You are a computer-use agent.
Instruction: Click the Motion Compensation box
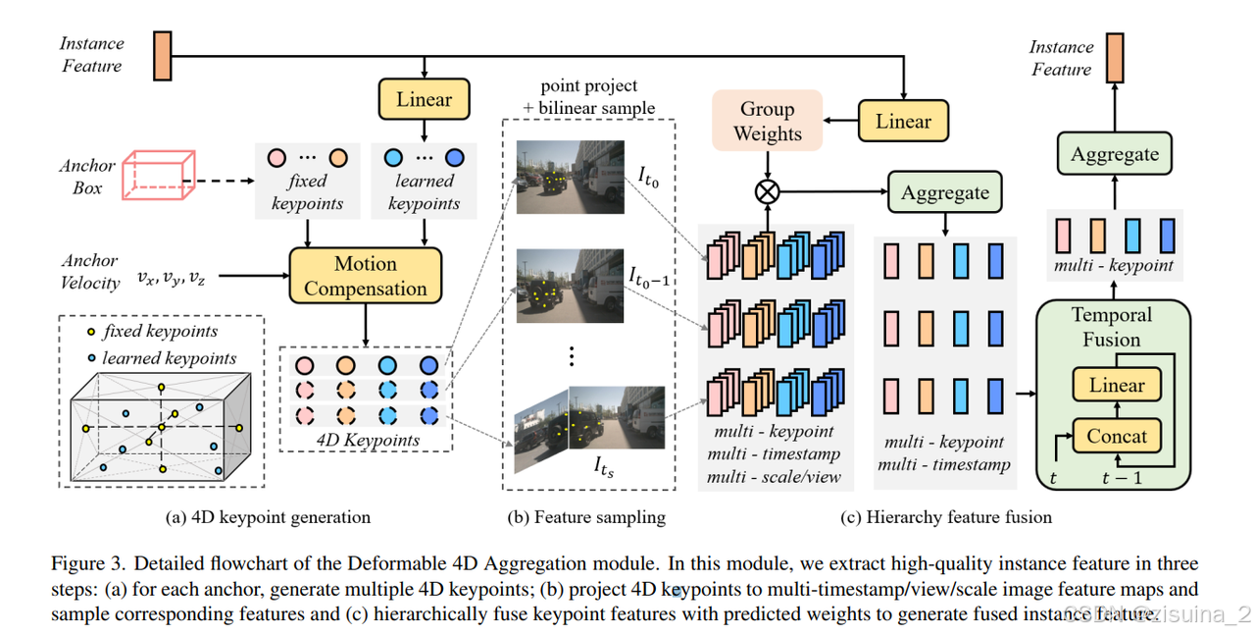(x=366, y=276)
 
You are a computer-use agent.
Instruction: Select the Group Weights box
(x=767, y=122)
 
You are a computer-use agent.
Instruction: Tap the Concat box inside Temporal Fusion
(x=1117, y=435)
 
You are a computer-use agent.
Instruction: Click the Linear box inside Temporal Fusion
(x=1117, y=385)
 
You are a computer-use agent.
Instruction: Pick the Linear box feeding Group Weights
(x=903, y=122)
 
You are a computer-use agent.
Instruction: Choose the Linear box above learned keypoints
(x=424, y=99)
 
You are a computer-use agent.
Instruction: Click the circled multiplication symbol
(x=767, y=191)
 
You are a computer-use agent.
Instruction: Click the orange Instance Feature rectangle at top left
(x=162, y=55)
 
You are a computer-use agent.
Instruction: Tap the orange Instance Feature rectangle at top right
(x=1115, y=58)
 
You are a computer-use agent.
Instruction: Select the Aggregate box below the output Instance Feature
(x=1114, y=155)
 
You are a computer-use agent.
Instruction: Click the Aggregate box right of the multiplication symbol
(x=945, y=192)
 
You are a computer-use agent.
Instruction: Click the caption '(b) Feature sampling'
(x=586, y=516)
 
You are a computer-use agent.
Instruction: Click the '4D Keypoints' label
(x=368, y=440)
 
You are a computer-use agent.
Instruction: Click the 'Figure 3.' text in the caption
(x=88, y=563)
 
